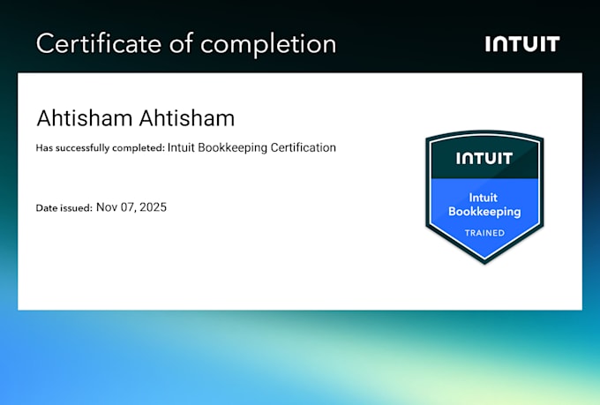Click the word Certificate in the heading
click(x=99, y=43)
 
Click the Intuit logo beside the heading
click(x=522, y=43)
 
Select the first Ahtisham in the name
click(x=84, y=118)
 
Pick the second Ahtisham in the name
click(x=187, y=118)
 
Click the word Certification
click(x=303, y=147)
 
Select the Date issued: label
click(x=64, y=208)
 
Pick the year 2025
click(x=153, y=207)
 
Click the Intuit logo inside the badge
click(x=484, y=158)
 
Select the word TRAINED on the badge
click(x=484, y=233)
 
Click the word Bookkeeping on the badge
click(x=484, y=212)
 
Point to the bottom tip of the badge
click(x=484, y=264)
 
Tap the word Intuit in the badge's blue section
click(x=484, y=198)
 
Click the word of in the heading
click(x=181, y=43)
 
